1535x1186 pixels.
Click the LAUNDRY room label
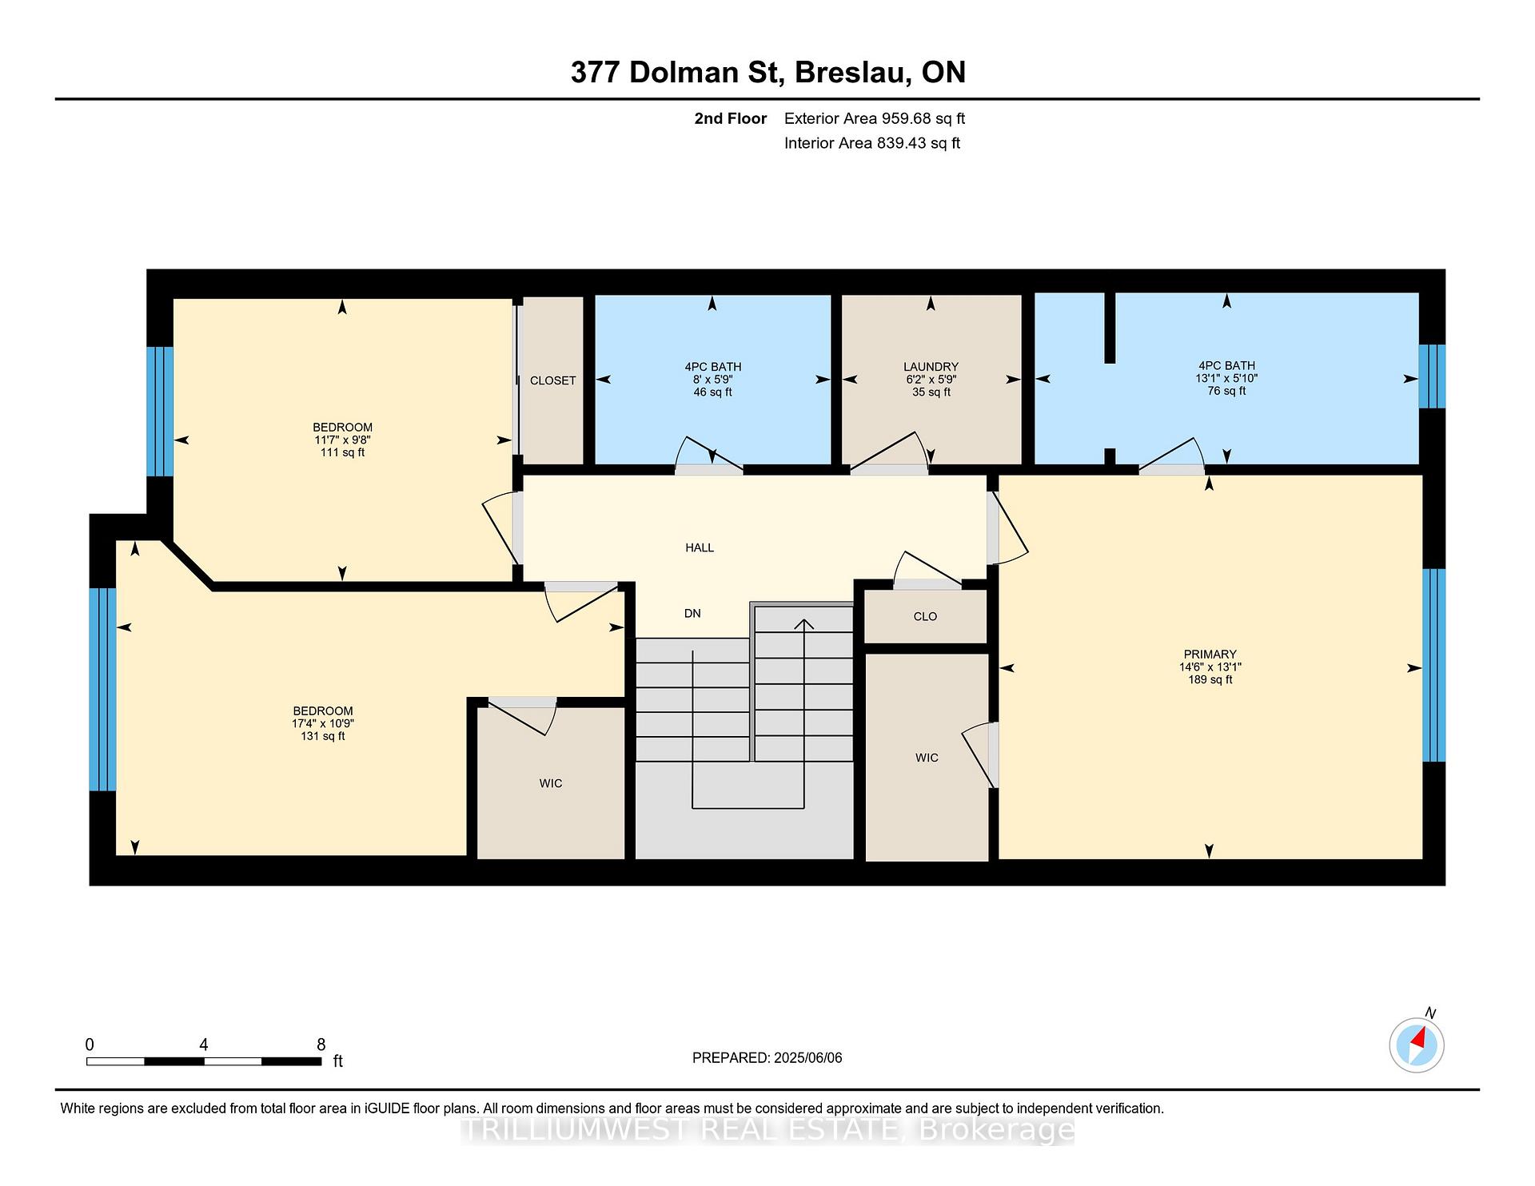tap(931, 367)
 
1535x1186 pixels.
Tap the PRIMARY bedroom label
tap(1210, 654)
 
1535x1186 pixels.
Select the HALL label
tap(700, 547)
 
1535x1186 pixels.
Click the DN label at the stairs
tap(692, 613)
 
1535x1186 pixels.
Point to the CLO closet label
tap(925, 616)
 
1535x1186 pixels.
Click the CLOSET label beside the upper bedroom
tap(552, 380)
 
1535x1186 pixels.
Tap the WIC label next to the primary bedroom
tap(927, 758)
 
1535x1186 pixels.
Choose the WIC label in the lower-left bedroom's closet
tap(551, 783)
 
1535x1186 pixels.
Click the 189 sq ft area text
tap(1210, 679)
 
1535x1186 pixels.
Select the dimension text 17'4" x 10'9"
tap(323, 723)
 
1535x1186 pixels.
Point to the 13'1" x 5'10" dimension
tap(1226, 378)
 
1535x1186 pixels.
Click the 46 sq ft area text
tap(712, 392)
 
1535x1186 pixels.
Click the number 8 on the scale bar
tap(321, 1045)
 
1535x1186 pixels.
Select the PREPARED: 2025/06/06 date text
tap(767, 1057)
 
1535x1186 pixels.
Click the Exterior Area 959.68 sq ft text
tap(875, 118)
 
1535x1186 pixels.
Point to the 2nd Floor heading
tap(731, 118)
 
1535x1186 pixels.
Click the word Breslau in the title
tap(853, 72)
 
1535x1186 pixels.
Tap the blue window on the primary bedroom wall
tap(1434, 665)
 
